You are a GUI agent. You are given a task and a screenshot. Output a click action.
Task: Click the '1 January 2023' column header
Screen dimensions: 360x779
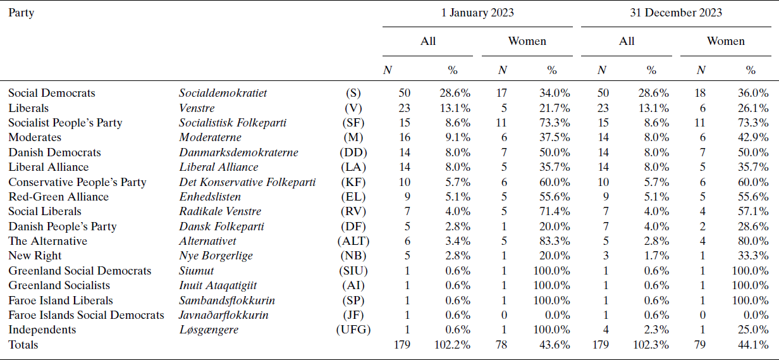[x=477, y=13]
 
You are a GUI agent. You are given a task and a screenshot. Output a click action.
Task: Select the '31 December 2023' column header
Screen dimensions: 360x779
[x=676, y=13]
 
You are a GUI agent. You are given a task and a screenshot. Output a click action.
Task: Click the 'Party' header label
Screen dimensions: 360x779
[x=21, y=13]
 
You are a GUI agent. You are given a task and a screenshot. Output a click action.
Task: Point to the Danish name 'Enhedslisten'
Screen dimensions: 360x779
[x=210, y=197]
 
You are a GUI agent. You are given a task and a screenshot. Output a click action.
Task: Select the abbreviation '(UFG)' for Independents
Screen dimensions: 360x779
[x=353, y=330]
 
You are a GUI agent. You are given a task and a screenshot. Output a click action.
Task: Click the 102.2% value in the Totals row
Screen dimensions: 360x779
[x=452, y=345]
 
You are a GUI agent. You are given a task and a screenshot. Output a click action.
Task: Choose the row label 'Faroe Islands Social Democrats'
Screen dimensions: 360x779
[x=86, y=315]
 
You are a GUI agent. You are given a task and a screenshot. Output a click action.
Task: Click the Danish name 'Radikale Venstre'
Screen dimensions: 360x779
[x=220, y=211]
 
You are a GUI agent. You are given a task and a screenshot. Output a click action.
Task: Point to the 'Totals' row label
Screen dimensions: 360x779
[x=23, y=345]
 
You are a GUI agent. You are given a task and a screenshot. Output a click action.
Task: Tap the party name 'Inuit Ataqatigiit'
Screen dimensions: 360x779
[x=218, y=285]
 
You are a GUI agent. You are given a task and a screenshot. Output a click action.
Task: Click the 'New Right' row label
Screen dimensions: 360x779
[x=35, y=256]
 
